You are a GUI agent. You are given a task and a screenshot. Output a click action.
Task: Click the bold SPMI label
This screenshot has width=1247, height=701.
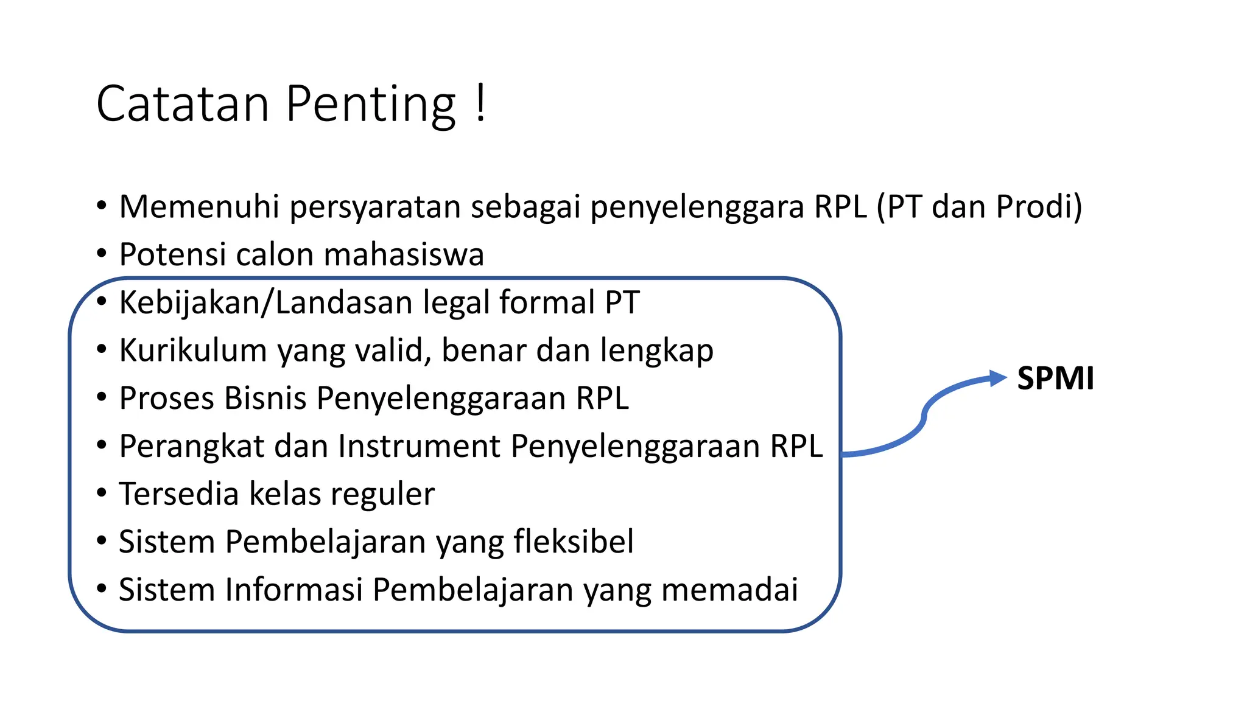tap(1055, 378)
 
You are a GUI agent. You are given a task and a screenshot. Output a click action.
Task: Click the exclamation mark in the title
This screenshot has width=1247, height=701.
tap(480, 103)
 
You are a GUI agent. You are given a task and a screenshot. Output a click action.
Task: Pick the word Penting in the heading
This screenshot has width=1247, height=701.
tap(370, 105)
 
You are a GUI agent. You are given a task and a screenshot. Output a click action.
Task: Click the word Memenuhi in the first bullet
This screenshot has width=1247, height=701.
tap(199, 206)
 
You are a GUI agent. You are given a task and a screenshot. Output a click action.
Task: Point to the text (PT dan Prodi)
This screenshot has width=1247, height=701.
tap(979, 207)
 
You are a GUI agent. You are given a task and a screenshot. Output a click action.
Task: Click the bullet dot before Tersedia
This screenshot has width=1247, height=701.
tap(102, 493)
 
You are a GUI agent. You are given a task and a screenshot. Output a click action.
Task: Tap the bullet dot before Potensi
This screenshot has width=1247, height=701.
tap(102, 254)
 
